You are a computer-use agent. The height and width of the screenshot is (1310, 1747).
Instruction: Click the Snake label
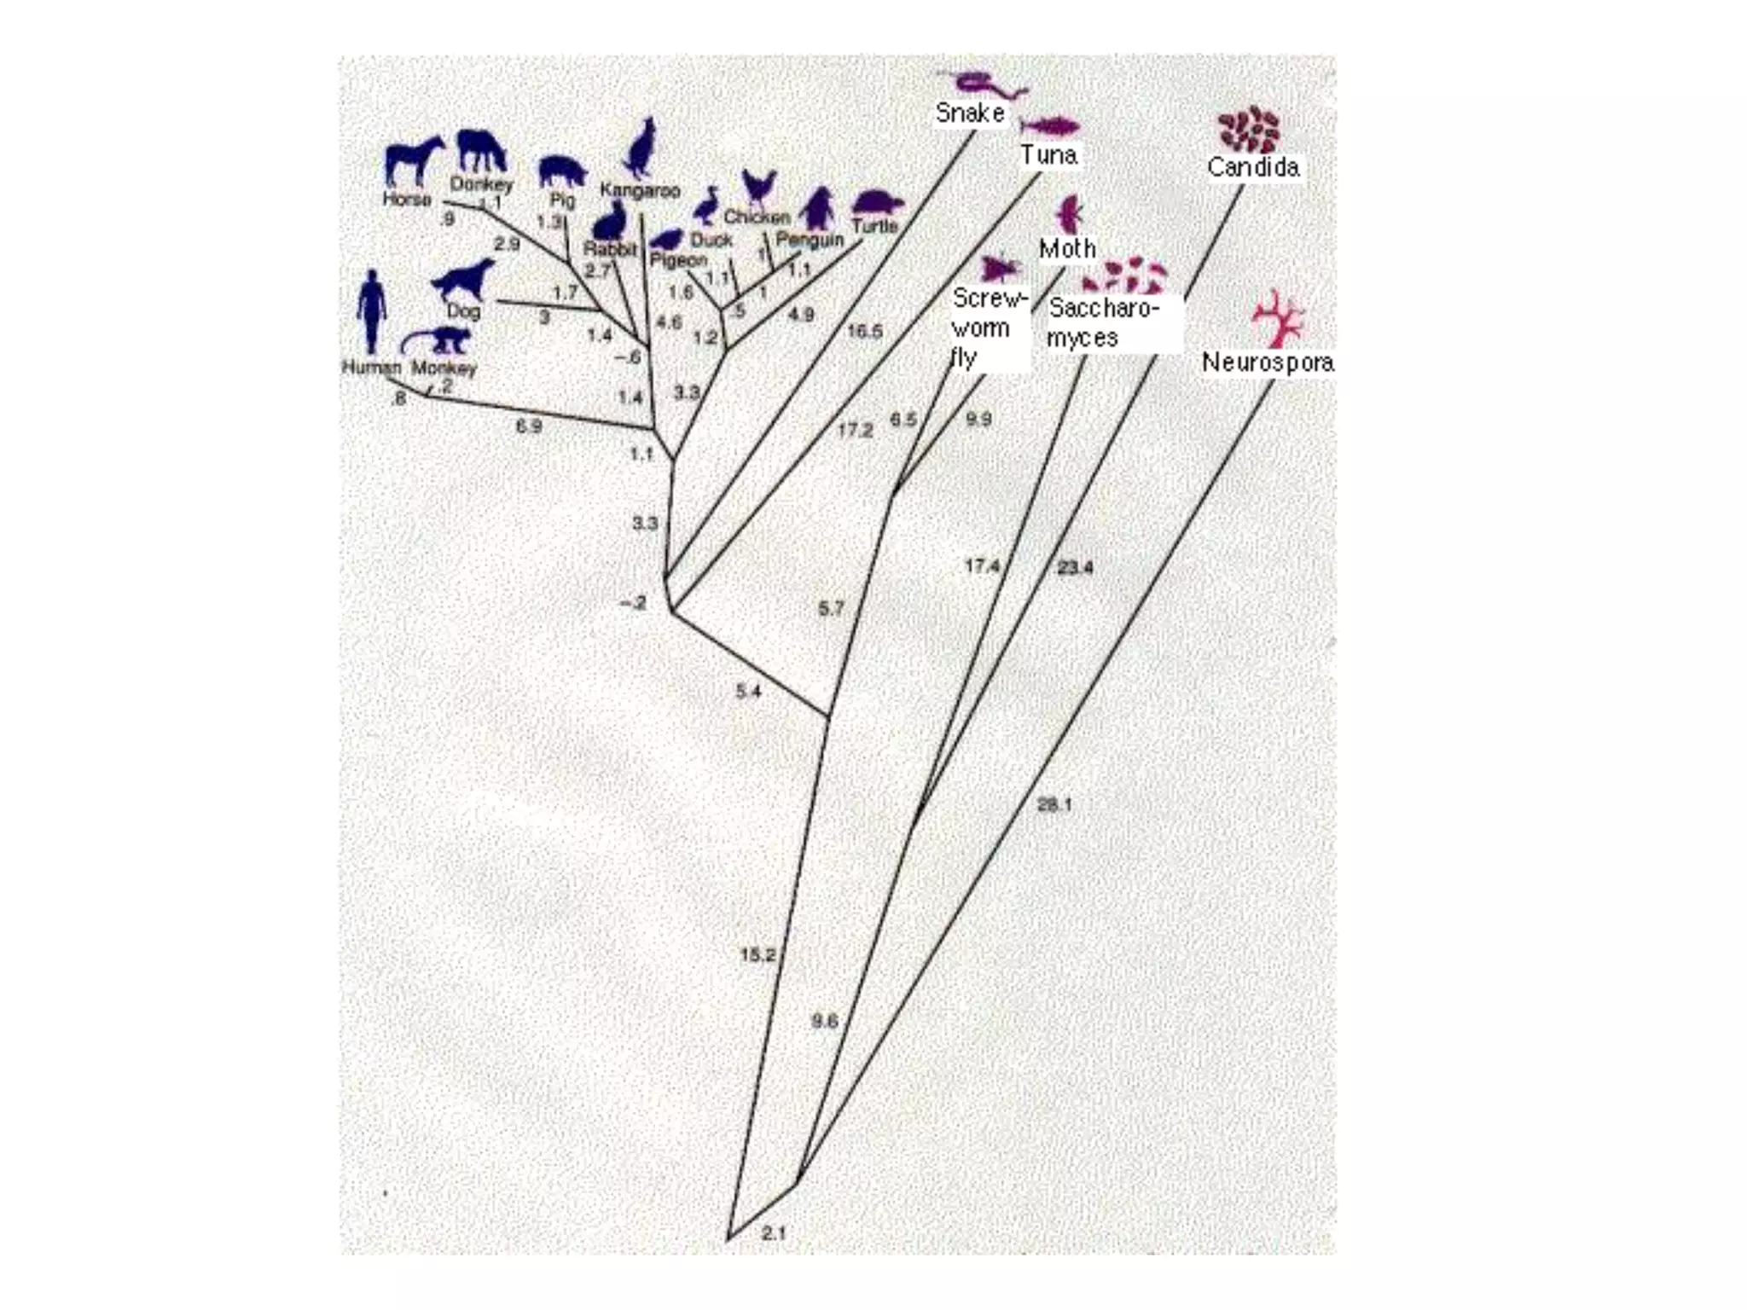coord(970,113)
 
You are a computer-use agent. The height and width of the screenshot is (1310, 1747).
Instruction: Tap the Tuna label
coord(1048,154)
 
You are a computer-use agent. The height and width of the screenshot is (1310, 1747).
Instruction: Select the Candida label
coord(1253,166)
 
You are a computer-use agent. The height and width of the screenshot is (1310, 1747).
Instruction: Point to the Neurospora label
coord(1268,362)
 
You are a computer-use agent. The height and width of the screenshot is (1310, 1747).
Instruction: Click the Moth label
coord(1067,249)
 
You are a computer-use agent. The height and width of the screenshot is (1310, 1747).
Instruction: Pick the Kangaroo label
coord(640,190)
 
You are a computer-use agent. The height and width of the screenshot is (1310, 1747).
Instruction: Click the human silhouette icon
coord(371,312)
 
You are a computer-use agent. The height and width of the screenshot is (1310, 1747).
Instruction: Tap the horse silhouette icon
coord(414,160)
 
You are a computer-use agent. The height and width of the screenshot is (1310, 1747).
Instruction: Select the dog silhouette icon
coord(463,279)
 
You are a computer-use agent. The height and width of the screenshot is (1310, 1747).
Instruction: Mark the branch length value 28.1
coord(1054,804)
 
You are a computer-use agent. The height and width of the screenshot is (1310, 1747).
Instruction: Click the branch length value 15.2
coord(757,954)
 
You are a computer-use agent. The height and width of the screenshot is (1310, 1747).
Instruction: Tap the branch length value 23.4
coord(1075,567)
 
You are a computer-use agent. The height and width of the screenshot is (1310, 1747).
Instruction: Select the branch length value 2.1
coord(774,1232)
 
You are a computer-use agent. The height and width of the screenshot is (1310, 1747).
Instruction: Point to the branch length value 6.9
coord(529,426)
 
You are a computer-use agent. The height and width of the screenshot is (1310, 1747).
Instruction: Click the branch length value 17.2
coord(855,430)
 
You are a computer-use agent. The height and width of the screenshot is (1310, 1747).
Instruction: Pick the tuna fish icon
coord(1050,127)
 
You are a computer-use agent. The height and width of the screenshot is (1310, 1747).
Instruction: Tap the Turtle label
coord(875,226)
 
